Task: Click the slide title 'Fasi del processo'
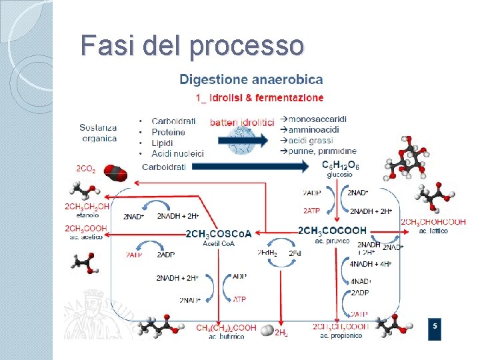(192, 45)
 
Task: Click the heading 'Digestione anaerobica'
(251, 80)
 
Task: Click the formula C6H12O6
(340, 165)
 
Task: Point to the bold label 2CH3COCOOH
(333, 231)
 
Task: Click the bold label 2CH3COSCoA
(219, 233)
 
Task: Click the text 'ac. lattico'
(433, 231)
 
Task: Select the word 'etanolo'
(86, 215)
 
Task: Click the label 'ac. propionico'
(341, 335)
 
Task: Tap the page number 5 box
(435, 327)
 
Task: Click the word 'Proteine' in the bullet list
(169, 132)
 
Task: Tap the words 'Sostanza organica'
(99, 133)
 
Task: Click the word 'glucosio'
(339, 174)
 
